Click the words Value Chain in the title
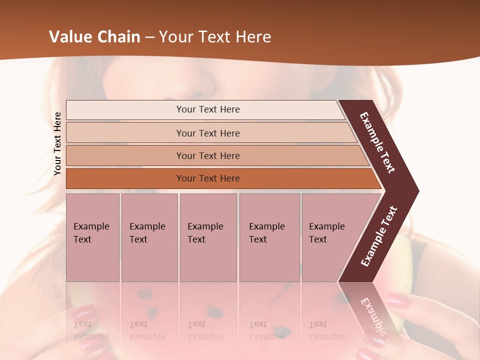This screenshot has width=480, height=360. pyautogui.click(x=94, y=37)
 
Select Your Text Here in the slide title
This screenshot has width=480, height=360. pyautogui.click(x=215, y=37)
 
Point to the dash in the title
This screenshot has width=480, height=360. pyautogui.click(x=149, y=37)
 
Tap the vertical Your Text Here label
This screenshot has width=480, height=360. pyautogui.click(x=57, y=143)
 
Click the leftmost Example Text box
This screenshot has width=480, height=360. pyautogui.click(x=92, y=237)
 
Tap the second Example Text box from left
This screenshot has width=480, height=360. pyautogui.click(x=149, y=237)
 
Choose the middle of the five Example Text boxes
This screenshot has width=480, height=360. pyautogui.click(x=208, y=237)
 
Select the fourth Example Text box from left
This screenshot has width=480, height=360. pyautogui.click(x=269, y=237)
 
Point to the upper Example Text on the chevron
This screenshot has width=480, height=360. pyautogui.click(x=378, y=142)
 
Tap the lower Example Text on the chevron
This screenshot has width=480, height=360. pyautogui.click(x=379, y=236)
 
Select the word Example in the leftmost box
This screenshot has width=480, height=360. pyautogui.click(x=91, y=226)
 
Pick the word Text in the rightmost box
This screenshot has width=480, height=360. pyautogui.click(x=318, y=239)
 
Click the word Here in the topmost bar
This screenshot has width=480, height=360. pyautogui.click(x=229, y=109)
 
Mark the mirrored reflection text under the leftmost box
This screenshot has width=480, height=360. pyautogui.click(x=91, y=330)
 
